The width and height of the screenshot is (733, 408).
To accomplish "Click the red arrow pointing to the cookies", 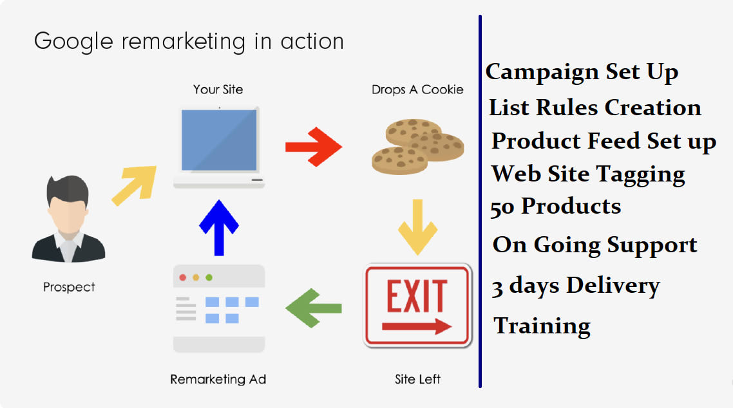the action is click(x=313, y=147).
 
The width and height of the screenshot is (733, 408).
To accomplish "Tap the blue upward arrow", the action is click(x=219, y=228).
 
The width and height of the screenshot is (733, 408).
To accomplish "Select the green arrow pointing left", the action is click(x=313, y=308).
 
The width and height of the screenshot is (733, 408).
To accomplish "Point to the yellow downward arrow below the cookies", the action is click(x=417, y=227).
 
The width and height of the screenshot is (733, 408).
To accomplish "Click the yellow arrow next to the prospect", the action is click(x=135, y=185).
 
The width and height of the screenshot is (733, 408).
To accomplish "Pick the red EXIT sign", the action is click(x=417, y=306).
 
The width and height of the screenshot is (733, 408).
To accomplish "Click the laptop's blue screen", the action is click(x=219, y=140).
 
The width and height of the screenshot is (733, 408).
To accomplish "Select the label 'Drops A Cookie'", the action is click(x=417, y=89).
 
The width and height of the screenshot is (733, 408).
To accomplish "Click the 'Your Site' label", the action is click(x=218, y=89).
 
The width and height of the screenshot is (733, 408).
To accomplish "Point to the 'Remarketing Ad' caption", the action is click(x=218, y=379).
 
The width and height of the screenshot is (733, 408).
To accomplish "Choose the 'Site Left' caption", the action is click(x=417, y=379).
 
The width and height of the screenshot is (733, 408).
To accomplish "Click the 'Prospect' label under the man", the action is click(x=69, y=286).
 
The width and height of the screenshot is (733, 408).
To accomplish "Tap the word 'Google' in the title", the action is click(x=74, y=42).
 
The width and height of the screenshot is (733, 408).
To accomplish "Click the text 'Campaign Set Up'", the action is click(x=582, y=72).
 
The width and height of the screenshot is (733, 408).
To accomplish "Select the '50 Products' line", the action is click(x=556, y=207).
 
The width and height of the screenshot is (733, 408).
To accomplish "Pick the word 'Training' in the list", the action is click(x=542, y=326).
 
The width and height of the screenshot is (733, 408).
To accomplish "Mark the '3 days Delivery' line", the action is click(x=576, y=286).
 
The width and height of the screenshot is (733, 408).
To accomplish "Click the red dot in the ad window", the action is click(x=183, y=278).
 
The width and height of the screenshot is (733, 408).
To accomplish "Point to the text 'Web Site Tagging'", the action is click(x=589, y=174).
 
